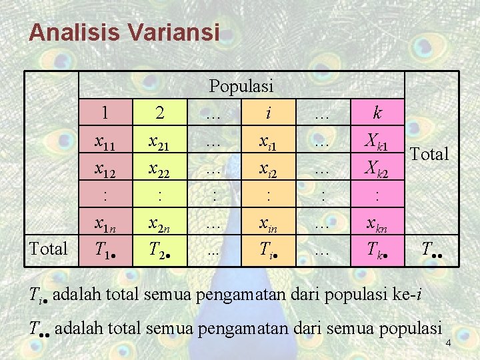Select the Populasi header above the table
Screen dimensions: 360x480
pyautogui.click(x=241, y=86)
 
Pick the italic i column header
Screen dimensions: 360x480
pyautogui.click(x=268, y=113)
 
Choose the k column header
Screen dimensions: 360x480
pyautogui.click(x=377, y=113)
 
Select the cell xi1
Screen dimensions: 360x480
pyautogui.click(x=268, y=142)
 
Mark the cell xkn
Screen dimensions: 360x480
pyautogui.click(x=377, y=225)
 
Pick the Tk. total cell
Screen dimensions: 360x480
pyautogui.click(x=377, y=250)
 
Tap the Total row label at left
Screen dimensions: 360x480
pyautogui.click(x=50, y=249)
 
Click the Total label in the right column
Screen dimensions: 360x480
pyautogui.click(x=429, y=155)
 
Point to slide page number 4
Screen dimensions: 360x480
pyautogui.click(x=448, y=343)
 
